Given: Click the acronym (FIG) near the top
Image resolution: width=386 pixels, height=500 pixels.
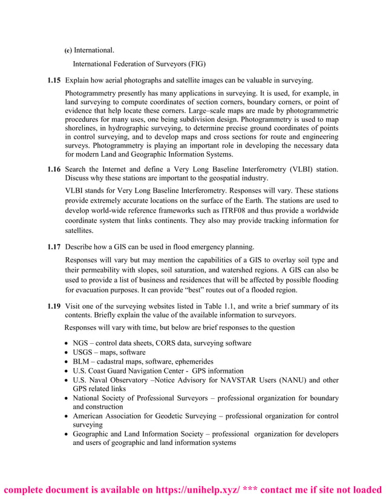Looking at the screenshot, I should pyautogui.click(x=197, y=63).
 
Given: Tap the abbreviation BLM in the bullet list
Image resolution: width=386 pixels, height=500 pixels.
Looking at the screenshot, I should pyautogui.click(x=83, y=361).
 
